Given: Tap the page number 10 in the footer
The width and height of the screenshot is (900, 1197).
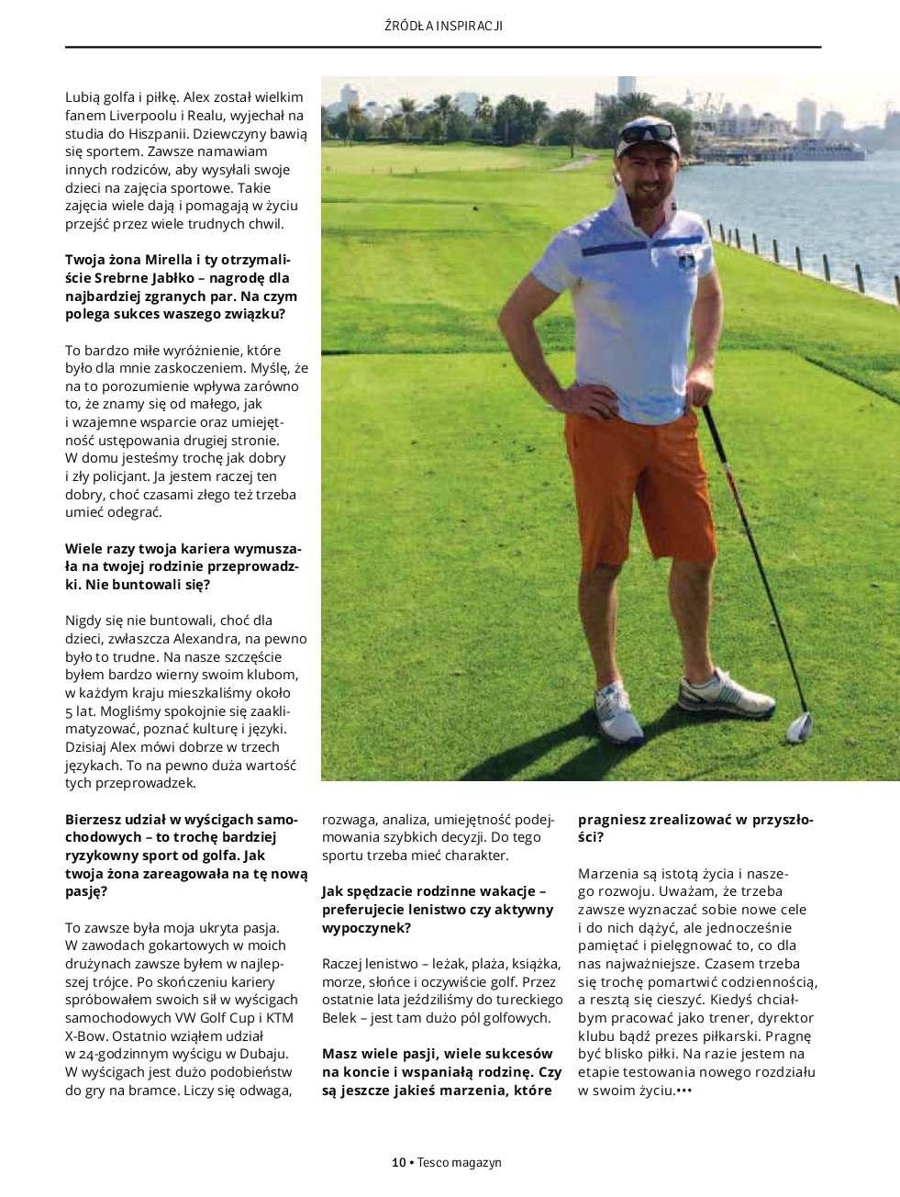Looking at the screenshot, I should (398, 1162).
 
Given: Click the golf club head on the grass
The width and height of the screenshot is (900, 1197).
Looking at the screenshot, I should (799, 727).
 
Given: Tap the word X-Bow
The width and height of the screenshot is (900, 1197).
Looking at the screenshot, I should (87, 1035).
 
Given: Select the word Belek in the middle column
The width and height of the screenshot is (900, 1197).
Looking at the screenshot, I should (341, 1017).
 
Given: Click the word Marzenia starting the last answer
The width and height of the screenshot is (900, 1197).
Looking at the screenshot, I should (606, 872).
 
